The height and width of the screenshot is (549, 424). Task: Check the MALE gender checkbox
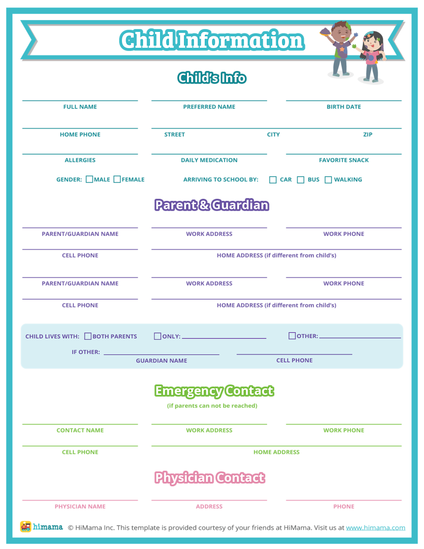pos(90,179)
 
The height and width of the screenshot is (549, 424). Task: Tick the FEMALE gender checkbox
pos(117,179)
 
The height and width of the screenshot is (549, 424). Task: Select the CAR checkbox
pos(273,180)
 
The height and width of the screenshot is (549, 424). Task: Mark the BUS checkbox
pos(301,180)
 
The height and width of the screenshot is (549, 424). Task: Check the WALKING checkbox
pos(328,180)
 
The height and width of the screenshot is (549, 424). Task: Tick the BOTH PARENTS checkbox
pos(88,336)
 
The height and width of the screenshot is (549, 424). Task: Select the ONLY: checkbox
pos(157,336)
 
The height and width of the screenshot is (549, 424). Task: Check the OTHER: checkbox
pos(292,336)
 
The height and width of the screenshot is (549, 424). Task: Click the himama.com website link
pos(375,528)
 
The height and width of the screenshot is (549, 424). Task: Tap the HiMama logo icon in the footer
pos(26,527)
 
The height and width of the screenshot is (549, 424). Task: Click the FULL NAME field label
pos(80,107)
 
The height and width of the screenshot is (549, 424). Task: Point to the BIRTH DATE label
pos(344,107)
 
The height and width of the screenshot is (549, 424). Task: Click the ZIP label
pos(367,135)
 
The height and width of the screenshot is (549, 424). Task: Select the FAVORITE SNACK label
pos(344,160)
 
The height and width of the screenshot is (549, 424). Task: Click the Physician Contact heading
pos(210,478)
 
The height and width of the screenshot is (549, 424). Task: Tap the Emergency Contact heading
pos(214,391)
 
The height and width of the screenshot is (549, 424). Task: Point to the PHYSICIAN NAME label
pos(80,507)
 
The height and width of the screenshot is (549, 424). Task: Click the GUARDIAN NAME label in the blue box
pos(161,361)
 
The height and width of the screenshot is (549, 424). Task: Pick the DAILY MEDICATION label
pos(209,160)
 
